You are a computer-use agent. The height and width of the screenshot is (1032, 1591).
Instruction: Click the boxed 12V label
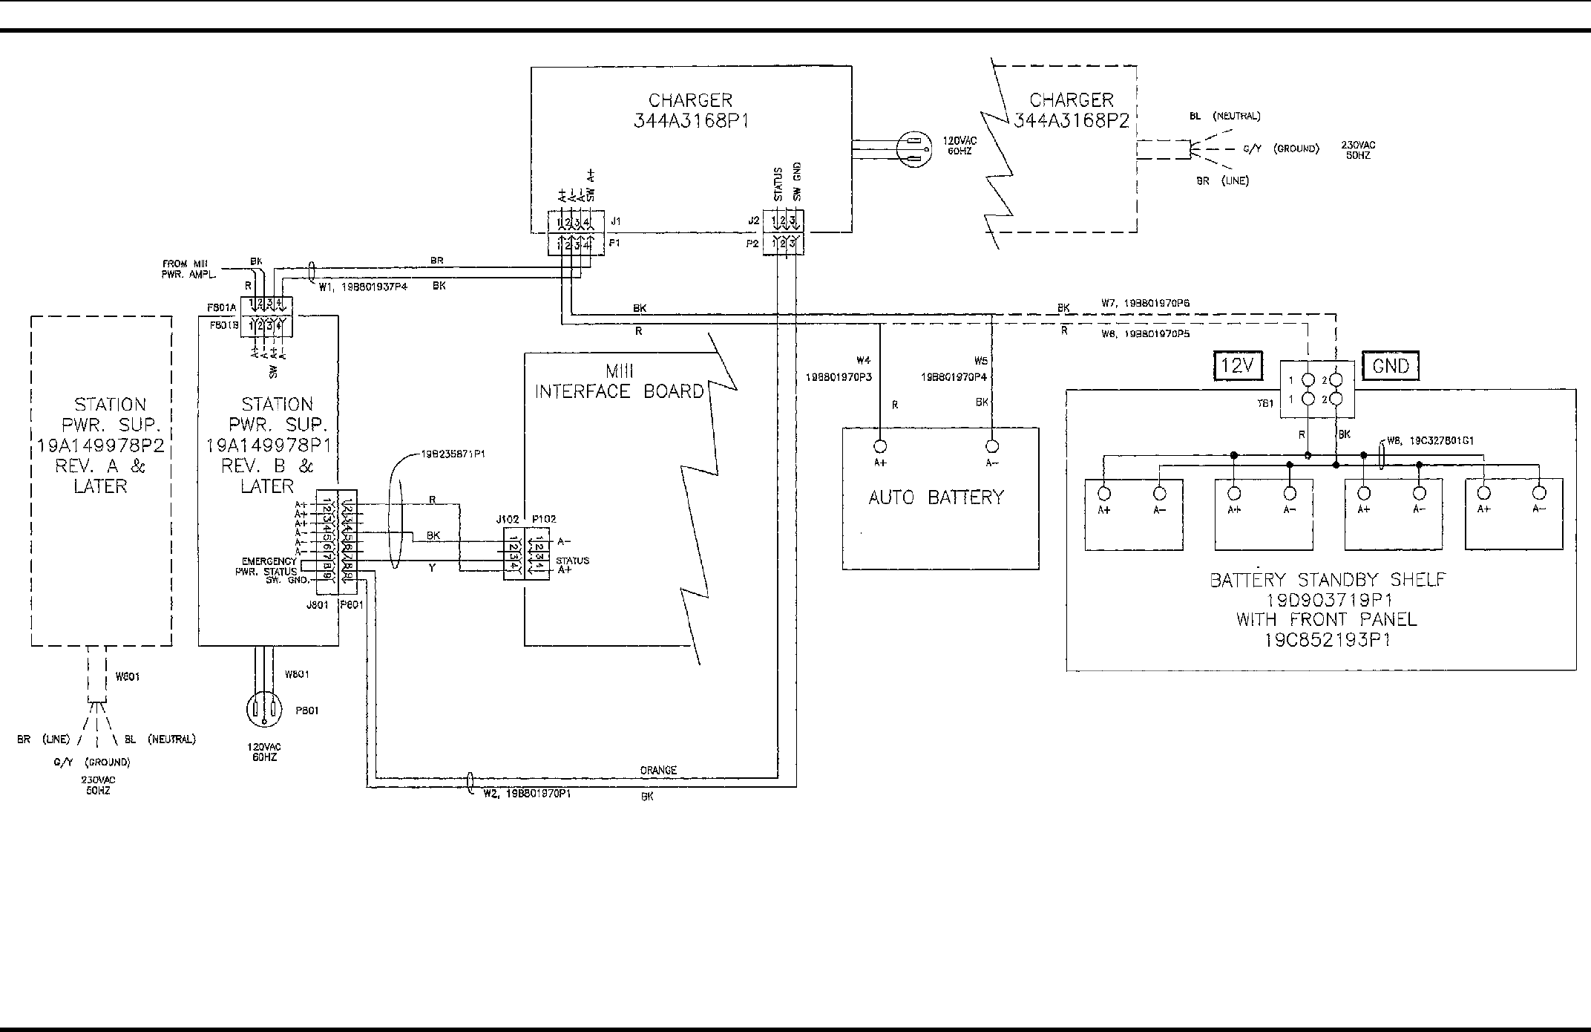coord(1237,366)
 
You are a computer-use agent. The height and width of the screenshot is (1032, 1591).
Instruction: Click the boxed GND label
coord(1391,366)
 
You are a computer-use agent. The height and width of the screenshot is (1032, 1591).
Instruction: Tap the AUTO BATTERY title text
coord(936,497)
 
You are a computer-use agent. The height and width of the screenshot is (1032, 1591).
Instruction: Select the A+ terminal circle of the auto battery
coord(880,446)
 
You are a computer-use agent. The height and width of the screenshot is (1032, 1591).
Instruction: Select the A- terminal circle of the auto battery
coord(992,446)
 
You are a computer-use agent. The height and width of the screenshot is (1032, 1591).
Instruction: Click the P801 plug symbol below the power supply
coord(265,711)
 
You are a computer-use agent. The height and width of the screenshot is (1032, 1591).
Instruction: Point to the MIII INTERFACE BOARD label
coord(619,382)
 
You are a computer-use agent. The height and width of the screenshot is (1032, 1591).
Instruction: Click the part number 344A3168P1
coord(691,121)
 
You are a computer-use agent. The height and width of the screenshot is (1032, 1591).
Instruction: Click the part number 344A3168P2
coord(1071,121)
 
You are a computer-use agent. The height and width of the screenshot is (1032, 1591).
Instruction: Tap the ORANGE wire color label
coord(658,771)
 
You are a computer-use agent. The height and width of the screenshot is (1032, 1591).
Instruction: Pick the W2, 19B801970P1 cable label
coord(527,793)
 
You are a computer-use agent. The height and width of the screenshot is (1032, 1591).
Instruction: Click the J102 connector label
coord(508,520)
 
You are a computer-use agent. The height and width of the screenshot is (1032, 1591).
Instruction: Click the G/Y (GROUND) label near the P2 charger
coord(1282,149)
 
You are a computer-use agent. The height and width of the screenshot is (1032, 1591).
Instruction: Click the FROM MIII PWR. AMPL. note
coord(188,269)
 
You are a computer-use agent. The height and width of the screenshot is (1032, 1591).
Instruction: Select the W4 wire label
coord(862,361)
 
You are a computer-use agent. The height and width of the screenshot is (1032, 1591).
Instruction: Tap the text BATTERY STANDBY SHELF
coord(1328,580)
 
